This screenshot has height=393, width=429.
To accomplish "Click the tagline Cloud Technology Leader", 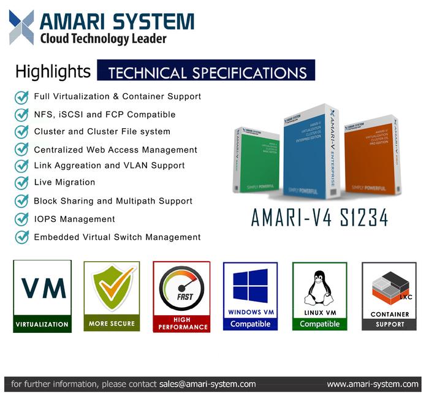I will click(x=102, y=39).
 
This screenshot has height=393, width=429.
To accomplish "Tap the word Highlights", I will click(x=53, y=72).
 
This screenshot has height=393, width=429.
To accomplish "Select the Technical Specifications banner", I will click(x=207, y=72).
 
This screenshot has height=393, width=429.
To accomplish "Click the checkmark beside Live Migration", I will click(x=22, y=183).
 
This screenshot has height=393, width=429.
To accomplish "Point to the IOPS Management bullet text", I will click(x=74, y=219).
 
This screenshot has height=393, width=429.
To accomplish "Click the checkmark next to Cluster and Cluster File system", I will click(x=22, y=132).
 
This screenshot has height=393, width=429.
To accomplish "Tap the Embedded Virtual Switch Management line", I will click(x=117, y=237).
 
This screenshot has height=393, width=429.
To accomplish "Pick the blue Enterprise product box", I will click(x=309, y=156).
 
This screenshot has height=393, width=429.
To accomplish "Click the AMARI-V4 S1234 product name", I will click(x=319, y=218).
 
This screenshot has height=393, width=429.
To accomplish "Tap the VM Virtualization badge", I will click(x=42, y=296).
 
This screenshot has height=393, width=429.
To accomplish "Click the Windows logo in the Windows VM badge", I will click(x=250, y=285).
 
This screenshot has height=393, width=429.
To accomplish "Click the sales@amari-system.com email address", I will click(x=207, y=384).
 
